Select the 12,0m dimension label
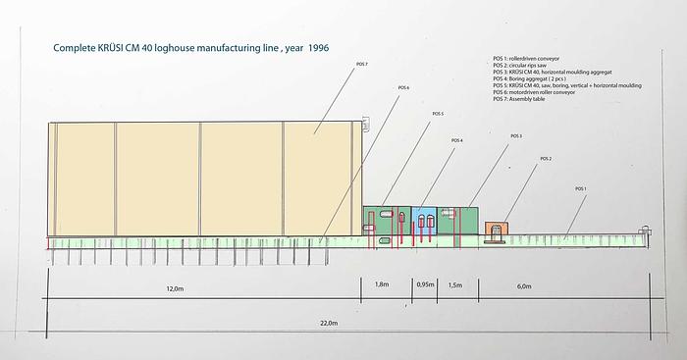point(175,287)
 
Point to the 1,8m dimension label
point(382,285)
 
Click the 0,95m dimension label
point(426,285)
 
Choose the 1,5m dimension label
point(454,285)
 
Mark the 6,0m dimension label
point(523,286)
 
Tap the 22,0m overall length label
point(327,323)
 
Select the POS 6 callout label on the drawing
point(403,88)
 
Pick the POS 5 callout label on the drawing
point(438,114)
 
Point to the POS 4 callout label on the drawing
point(457,140)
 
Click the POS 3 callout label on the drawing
point(515,136)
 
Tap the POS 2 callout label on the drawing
point(546,158)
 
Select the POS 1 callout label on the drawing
point(580,188)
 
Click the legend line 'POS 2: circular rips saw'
point(532,65)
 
